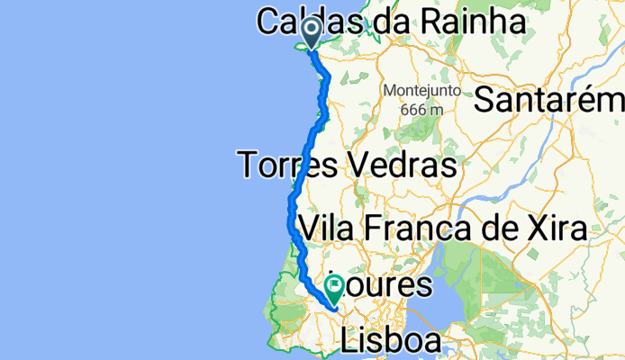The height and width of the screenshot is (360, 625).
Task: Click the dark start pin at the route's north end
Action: (311, 33)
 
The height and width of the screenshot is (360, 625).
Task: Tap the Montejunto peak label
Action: (421, 91)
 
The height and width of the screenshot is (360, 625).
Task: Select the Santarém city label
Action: (548, 100)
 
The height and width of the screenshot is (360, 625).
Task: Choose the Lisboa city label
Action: (393, 341)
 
